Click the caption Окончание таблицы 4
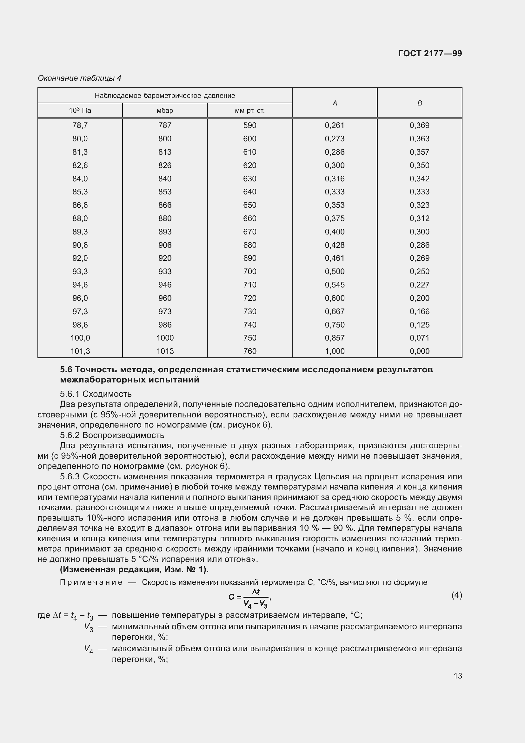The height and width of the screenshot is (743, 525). (x=79, y=78)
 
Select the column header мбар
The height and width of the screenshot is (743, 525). (x=165, y=111)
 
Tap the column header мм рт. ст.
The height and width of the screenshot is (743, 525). (x=249, y=111)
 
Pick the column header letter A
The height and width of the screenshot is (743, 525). (x=335, y=103)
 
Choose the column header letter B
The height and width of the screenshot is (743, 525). (x=419, y=103)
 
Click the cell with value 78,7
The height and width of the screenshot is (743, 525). (x=80, y=125)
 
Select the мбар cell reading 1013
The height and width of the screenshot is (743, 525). (x=165, y=351)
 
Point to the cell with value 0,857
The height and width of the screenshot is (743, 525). (x=335, y=338)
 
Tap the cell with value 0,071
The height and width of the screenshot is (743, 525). (x=419, y=338)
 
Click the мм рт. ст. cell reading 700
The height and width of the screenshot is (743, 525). (x=249, y=272)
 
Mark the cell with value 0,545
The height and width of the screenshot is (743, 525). (x=335, y=285)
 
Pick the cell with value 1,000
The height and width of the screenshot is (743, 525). (x=335, y=351)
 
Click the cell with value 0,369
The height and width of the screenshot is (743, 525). (x=419, y=125)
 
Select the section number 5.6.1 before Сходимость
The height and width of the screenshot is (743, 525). (x=70, y=394)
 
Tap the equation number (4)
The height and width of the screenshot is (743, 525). (x=456, y=595)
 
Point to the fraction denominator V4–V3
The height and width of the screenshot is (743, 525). (x=255, y=603)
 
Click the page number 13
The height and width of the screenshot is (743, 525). (x=458, y=676)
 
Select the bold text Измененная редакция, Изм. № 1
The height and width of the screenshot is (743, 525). (x=134, y=569)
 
